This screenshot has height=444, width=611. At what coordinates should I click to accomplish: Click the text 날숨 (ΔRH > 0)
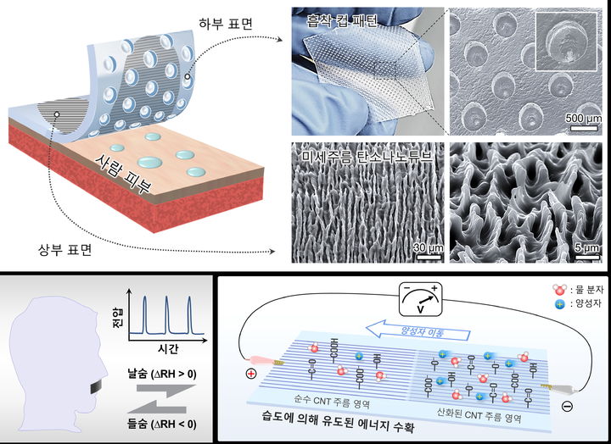point(159,374)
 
